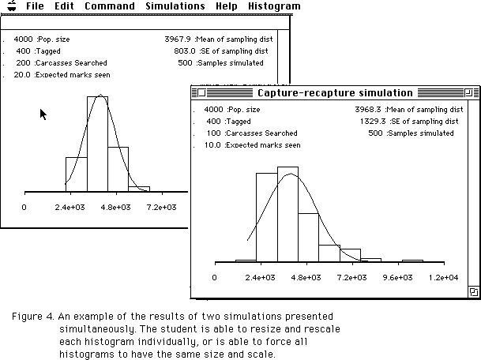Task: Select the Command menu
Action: coord(109,6)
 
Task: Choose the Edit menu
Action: coord(64,6)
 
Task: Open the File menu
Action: coord(34,6)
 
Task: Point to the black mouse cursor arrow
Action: coord(43,114)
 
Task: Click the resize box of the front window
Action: coord(473,292)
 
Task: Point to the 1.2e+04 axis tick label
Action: coord(443,277)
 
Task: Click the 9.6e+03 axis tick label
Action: coord(398,277)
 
